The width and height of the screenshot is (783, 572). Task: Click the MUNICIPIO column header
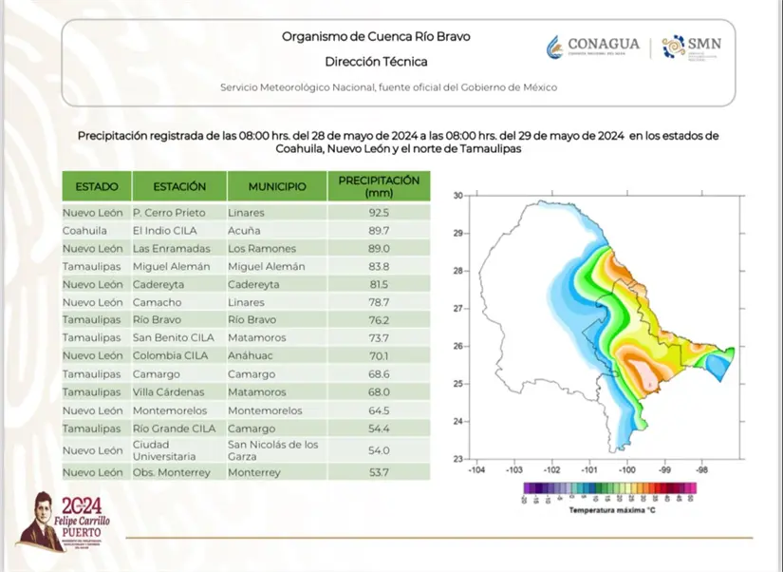tap(277, 187)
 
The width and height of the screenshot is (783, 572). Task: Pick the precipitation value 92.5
tap(379, 212)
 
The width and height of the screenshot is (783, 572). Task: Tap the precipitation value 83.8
tap(379, 266)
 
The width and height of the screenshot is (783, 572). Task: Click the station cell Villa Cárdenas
tap(170, 391)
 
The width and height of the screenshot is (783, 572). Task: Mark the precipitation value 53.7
tap(379, 472)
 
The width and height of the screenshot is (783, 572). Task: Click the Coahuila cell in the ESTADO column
tap(85, 230)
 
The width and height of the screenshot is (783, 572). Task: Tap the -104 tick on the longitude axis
tap(476, 469)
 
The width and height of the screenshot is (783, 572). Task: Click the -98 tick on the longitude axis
tap(702, 469)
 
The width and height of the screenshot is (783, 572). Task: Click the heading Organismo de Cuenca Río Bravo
tap(376, 37)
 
